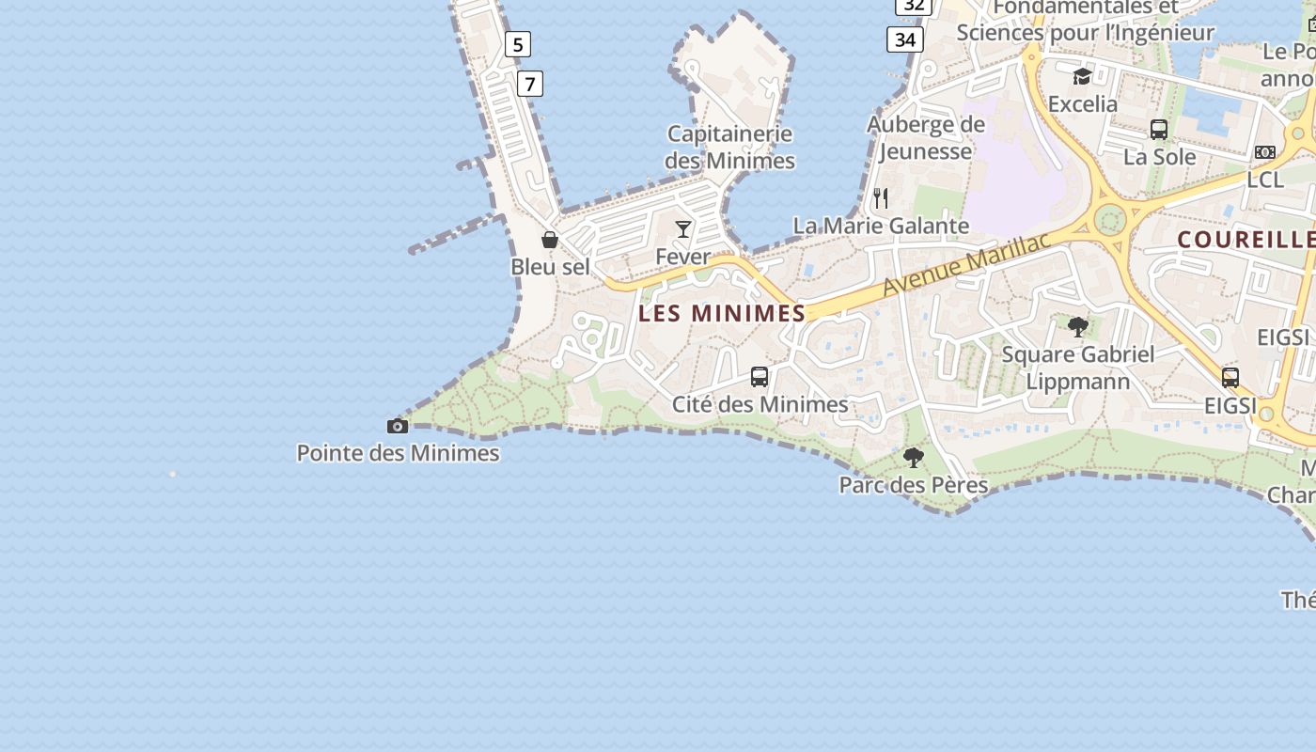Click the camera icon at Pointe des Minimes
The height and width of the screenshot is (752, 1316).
(x=398, y=427)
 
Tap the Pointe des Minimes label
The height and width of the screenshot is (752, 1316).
(x=398, y=453)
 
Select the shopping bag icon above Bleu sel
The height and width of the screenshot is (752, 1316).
(x=550, y=240)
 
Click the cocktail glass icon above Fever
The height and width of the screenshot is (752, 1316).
(x=683, y=229)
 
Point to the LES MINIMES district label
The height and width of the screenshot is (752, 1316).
(x=722, y=313)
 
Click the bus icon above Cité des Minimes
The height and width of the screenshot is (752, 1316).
(x=760, y=377)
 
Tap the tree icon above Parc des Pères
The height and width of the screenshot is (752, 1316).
(x=913, y=458)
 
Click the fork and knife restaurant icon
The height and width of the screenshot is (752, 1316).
(x=881, y=198)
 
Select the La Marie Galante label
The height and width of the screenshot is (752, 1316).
(x=881, y=226)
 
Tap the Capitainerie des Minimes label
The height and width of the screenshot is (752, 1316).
(x=729, y=148)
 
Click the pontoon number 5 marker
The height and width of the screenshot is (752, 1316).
(x=517, y=44)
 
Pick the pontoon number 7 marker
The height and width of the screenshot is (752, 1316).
(x=530, y=84)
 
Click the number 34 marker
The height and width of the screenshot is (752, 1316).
(x=905, y=39)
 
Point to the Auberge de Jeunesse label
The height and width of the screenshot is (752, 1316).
(x=926, y=137)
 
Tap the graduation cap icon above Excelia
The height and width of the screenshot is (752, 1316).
(x=1082, y=76)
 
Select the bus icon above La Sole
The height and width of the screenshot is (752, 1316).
(x=1159, y=130)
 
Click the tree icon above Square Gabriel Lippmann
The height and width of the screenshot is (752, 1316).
(x=1078, y=327)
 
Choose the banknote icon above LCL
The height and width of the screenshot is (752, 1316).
(x=1265, y=152)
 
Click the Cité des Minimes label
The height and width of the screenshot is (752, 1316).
(x=760, y=404)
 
